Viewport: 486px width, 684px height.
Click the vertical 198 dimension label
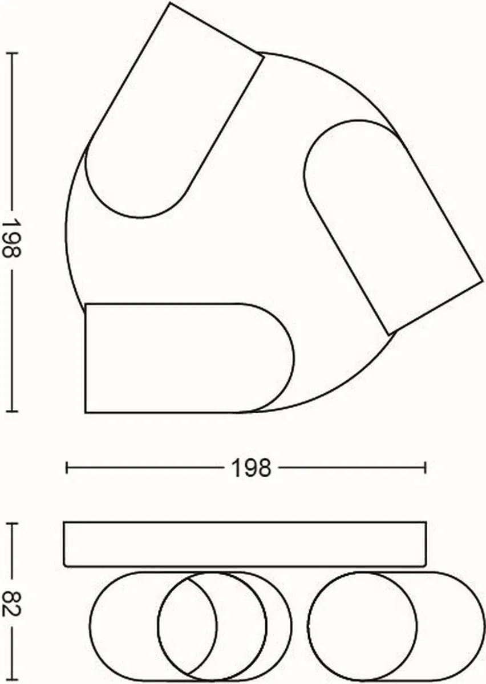pos(11,238)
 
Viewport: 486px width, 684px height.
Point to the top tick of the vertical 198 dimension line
pos(12,54)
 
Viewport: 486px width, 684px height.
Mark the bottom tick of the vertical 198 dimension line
pos(12,412)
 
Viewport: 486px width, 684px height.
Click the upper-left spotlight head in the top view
pos(174,111)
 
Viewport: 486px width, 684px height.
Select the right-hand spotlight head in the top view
pos(393,227)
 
